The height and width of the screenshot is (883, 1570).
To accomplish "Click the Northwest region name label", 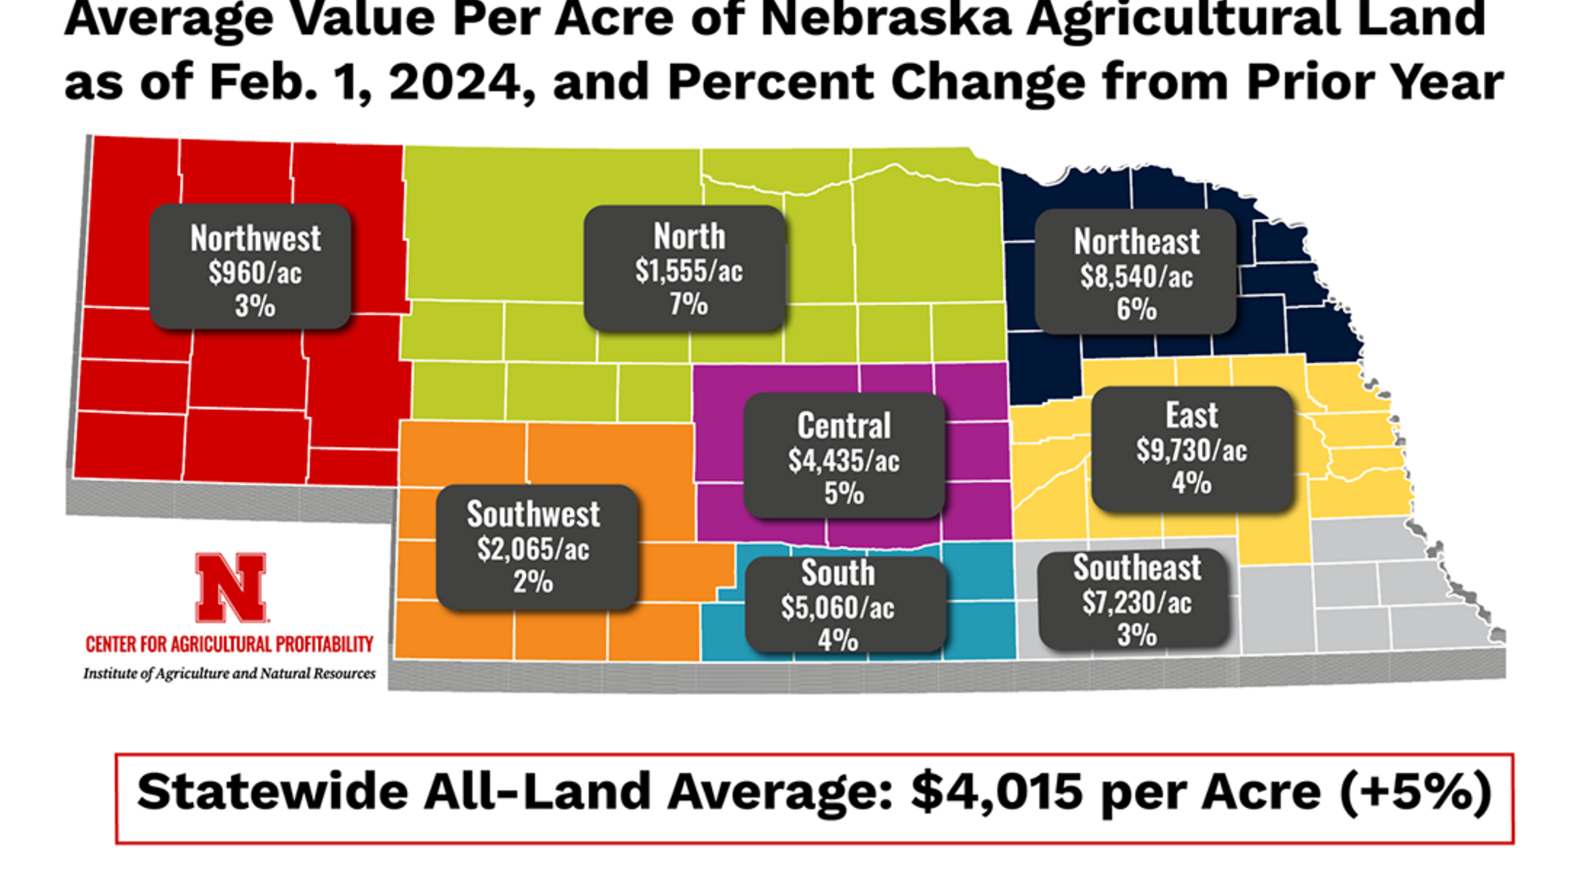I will pos(255,238).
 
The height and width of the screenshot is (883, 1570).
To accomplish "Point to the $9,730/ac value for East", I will pos(1191,450).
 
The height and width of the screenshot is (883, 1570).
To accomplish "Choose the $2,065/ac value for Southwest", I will pos(533,549).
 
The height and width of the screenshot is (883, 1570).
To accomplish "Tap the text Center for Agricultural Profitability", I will pos(229,644).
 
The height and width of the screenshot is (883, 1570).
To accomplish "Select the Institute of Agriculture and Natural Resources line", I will pos(229,673).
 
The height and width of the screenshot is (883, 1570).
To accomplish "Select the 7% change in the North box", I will pos(689,303).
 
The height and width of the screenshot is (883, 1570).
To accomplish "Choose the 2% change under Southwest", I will pos(533,581).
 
